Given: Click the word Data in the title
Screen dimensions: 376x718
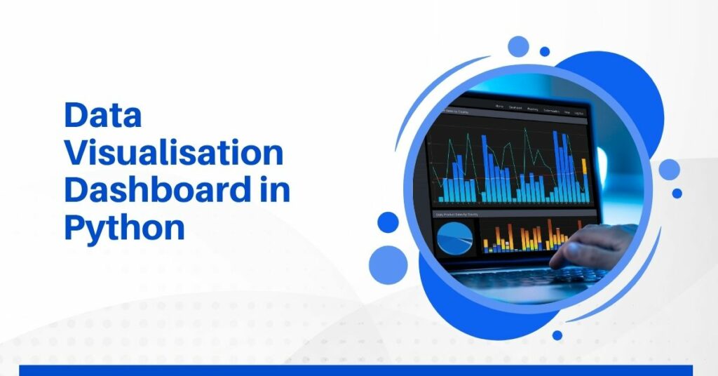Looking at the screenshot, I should click(103, 116).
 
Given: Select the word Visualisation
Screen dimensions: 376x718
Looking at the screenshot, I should click(174, 154).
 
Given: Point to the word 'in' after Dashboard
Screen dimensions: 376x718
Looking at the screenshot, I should click(271, 191).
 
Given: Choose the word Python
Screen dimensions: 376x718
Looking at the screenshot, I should click(124, 229).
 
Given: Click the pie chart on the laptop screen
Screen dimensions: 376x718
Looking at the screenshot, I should click(455, 239).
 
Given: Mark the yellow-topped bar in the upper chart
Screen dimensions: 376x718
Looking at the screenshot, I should click(584, 166).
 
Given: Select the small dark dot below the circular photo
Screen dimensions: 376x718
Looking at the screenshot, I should click(557, 335).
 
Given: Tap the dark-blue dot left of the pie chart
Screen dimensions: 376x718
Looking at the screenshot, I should click(388, 222).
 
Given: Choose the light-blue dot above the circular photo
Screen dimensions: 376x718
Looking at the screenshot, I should click(519, 46).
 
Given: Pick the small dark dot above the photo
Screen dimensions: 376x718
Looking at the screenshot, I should click(545, 51).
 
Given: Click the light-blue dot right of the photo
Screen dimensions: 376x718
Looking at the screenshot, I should click(669, 169).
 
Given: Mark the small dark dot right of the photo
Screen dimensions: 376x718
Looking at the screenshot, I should click(677, 193).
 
